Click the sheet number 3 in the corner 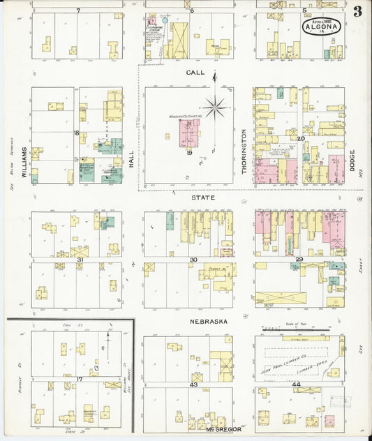pos(357,11)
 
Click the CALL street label pos(195,73)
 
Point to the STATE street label pos(202,198)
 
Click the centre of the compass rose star pos(215,106)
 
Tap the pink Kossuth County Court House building pos(189,133)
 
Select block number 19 pos(189,153)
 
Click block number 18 pos(77,132)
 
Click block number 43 pos(193,385)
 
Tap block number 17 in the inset pos(80,379)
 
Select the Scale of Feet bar pos(298,329)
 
